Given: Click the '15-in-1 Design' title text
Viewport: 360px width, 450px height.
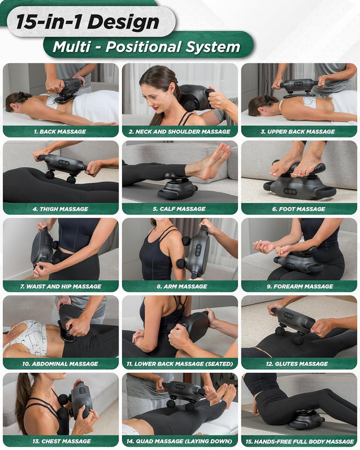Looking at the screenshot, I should coord(87,21).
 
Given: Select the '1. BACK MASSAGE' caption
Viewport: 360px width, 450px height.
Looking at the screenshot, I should coord(60,132).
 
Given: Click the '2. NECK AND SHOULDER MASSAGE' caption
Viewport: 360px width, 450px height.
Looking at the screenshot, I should coord(179,132).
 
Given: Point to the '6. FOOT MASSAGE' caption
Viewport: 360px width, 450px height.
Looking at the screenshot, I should coord(299,209).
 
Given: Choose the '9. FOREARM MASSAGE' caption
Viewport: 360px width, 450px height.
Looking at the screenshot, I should coord(299,286).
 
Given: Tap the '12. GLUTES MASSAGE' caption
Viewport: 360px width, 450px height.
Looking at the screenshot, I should coord(299,363).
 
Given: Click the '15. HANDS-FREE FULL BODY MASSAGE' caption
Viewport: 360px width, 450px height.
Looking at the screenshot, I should coord(299,441).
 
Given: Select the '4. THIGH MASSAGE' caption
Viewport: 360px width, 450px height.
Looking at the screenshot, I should coord(60,209).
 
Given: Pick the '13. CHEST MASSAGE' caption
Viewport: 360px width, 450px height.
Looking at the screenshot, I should coord(60,441).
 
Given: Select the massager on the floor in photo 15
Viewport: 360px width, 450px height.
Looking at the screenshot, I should coord(307,419).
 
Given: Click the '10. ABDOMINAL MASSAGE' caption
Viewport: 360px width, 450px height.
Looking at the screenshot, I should coord(60,363).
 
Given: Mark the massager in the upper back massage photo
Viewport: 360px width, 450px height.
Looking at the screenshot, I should coord(299,87).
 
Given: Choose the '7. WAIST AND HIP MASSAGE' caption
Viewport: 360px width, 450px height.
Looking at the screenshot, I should coord(60,286).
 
